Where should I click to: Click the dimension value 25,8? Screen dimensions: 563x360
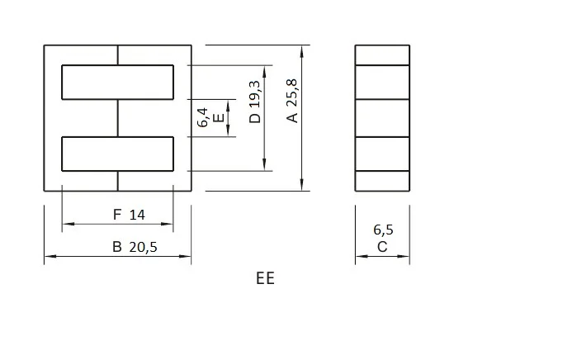click(x=291, y=92)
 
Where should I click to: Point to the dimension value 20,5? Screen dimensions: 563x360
click(x=140, y=247)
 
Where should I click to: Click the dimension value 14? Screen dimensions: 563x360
click(x=137, y=215)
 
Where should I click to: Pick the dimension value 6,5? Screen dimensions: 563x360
click(x=383, y=230)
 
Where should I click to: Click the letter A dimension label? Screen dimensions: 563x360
click(x=291, y=118)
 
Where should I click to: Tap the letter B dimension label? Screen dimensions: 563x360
click(x=116, y=247)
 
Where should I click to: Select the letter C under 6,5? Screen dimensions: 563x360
click(x=382, y=247)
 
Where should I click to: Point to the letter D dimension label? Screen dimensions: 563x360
click(x=255, y=118)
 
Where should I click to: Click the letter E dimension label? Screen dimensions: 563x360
click(x=217, y=118)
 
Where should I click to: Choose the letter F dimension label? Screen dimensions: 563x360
click(x=117, y=215)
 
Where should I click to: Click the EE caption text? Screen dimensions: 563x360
click(x=264, y=278)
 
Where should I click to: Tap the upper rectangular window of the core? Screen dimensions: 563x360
click(x=118, y=83)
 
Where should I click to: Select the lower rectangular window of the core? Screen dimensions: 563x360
click(x=118, y=154)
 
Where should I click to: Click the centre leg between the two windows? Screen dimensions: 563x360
click(x=118, y=118)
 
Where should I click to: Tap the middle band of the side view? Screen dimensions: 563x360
click(x=382, y=118)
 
